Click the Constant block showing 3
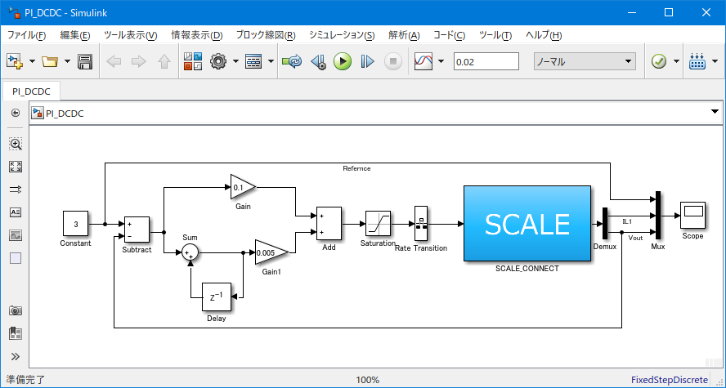[x=75, y=224]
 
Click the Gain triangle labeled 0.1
[x=243, y=187]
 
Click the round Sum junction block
[x=190, y=252]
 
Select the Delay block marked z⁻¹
[x=216, y=297]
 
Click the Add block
[x=329, y=223]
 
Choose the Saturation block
[x=379, y=223]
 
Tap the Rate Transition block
[x=421, y=223]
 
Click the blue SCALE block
[x=527, y=224]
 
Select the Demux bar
[x=605, y=224]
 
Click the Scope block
[x=692, y=215]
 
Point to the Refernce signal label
[x=356, y=168]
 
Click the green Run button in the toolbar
[x=343, y=61]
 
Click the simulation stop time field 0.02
[x=486, y=61]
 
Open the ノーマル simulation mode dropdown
[x=585, y=61]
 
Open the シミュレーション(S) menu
[x=342, y=36]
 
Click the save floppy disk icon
[x=85, y=61]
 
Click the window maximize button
[x=669, y=12]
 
